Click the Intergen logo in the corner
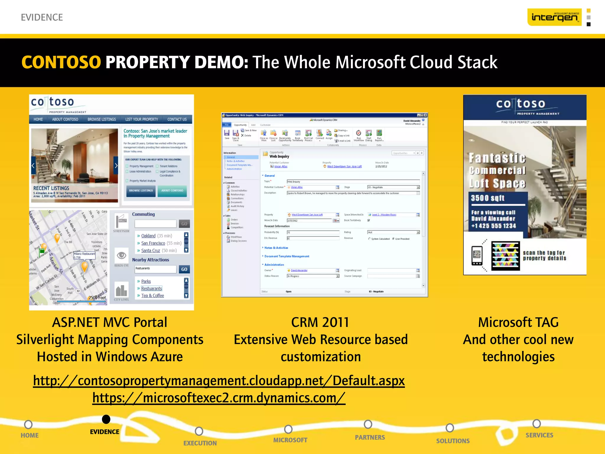coord(554,17)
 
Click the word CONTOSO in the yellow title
coord(61,62)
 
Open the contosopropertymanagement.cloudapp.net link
coord(219,381)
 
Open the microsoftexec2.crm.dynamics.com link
coord(219,398)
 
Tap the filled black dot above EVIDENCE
coord(106,419)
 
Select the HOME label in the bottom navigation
coord(30,435)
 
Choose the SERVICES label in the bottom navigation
coord(539,435)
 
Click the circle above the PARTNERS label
coord(368,424)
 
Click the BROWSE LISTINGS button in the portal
coord(141,191)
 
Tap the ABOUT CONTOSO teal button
coord(172,191)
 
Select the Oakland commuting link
coord(148,236)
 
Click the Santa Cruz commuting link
coord(150,251)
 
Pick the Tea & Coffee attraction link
coord(152,296)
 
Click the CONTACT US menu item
coord(177,119)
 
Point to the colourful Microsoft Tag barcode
coord(505,256)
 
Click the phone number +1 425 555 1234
coord(493,226)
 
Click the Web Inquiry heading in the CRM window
coord(279,156)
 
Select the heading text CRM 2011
coord(320,322)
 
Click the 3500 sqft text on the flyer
coord(487,198)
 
